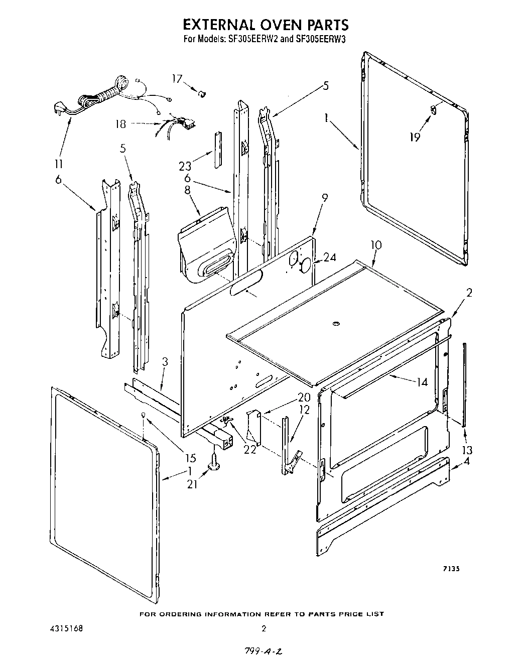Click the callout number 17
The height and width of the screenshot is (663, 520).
pos(177,78)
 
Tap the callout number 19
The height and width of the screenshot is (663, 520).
pos(415,137)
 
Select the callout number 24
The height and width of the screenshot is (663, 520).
pos(329,257)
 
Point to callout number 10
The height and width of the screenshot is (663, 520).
pos(375,245)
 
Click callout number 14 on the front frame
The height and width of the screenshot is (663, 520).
pos(422,382)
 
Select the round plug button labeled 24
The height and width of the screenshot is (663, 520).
pos(305,266)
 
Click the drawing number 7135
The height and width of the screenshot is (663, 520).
pos(451,569)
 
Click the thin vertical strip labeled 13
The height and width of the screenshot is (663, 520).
pos(465,384)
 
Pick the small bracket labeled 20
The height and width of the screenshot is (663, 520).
pos(253,427)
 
